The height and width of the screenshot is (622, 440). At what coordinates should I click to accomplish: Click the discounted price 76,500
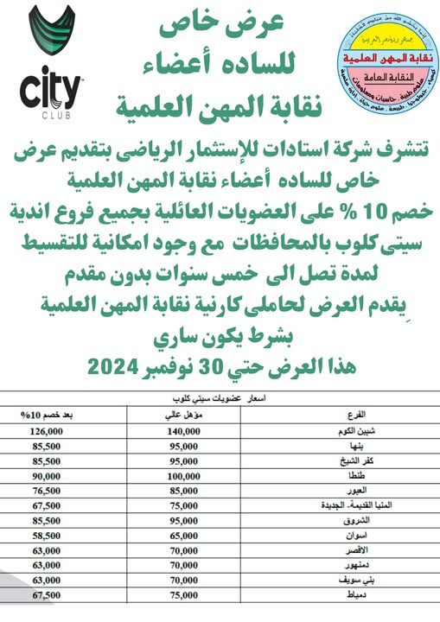coord(52,489)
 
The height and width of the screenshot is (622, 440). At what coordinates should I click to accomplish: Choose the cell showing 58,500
coord(52,536)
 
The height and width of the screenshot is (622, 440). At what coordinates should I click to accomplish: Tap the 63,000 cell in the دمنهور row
coord(52,565)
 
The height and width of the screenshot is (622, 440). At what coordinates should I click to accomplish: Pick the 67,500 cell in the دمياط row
coord(52,595)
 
